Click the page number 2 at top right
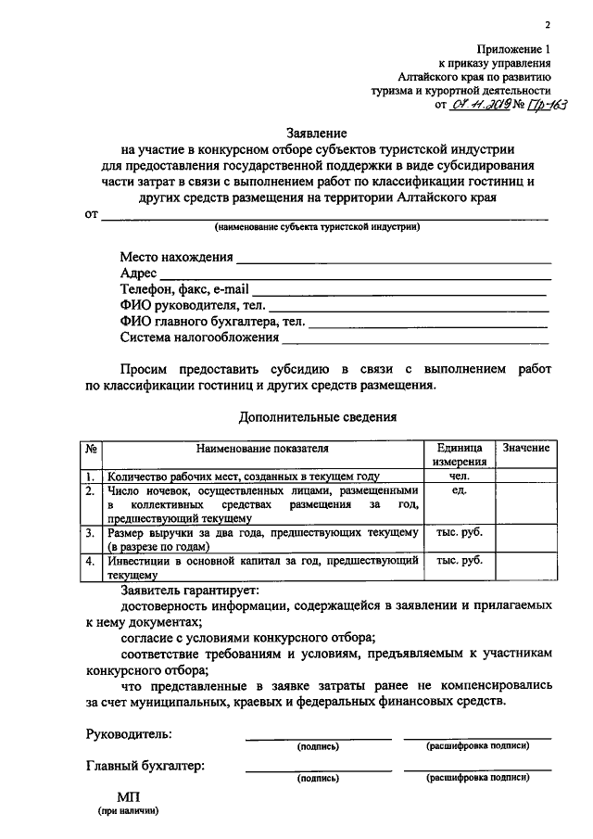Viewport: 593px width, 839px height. (547, 25)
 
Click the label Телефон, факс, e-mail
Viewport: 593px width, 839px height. (184, 290)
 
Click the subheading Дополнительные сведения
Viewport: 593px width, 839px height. (318, 417)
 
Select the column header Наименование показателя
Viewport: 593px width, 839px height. (262, 449)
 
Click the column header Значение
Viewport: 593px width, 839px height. (525, 449)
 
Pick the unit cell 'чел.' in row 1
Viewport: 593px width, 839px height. (460, 475)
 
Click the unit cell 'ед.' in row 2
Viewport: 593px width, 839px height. (460, 489)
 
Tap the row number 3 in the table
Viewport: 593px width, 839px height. (91, 533)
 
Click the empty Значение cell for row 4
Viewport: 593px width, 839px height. (525, 566)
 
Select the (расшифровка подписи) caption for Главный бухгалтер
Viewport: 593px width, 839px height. (476, 780)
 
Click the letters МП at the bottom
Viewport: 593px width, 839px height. (129, 796)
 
